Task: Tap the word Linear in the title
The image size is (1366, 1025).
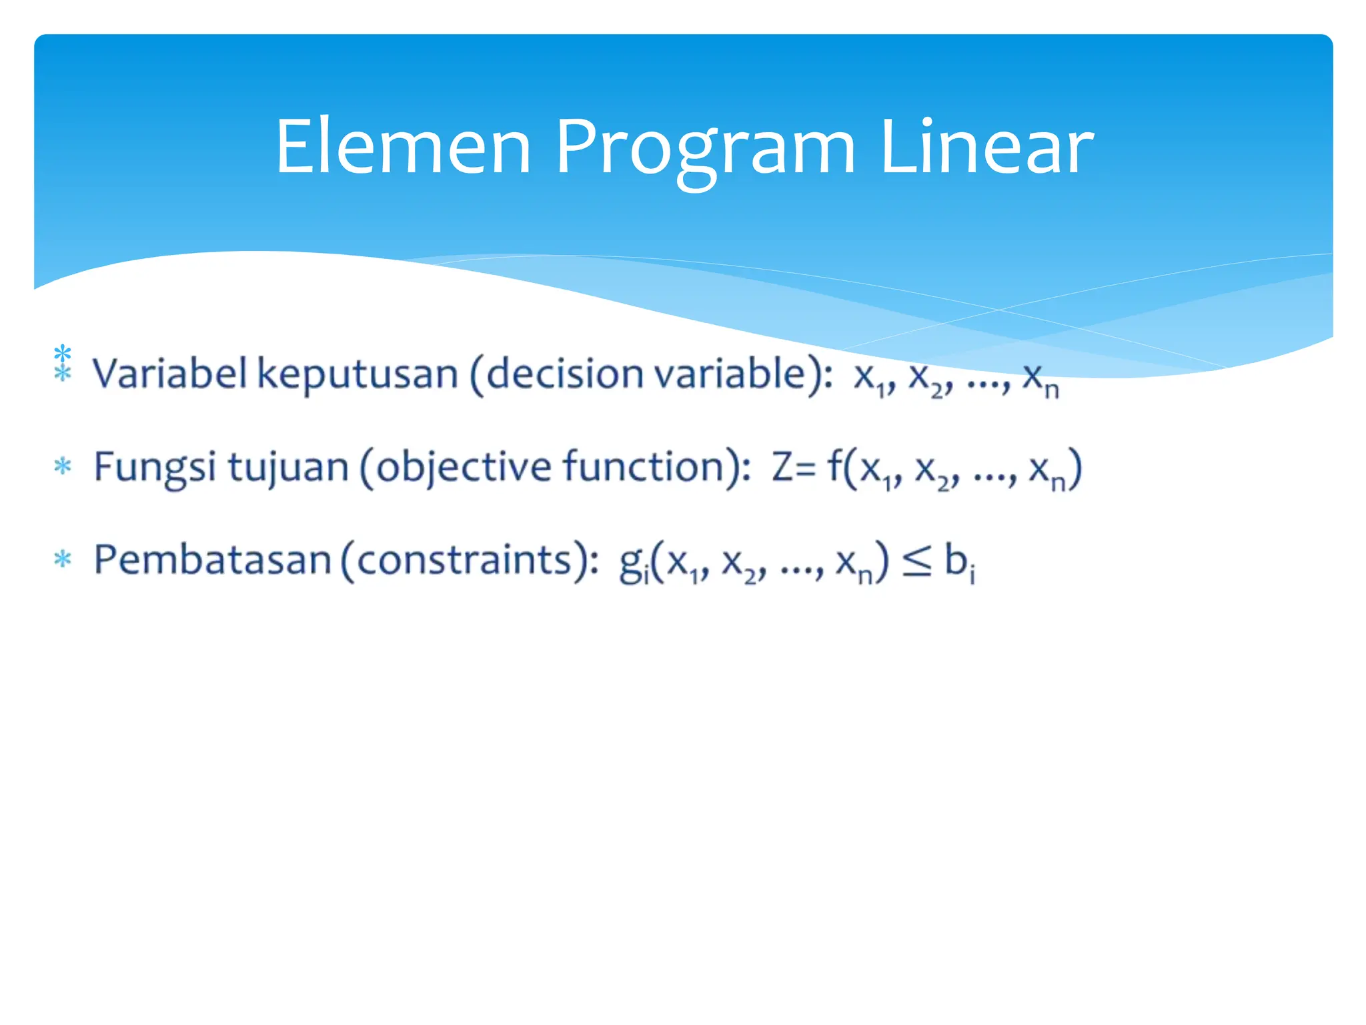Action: point(986,146)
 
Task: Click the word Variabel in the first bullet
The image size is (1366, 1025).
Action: point(169,373)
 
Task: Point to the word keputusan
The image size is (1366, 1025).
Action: point(358,374)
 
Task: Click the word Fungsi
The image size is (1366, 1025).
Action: point(154,468)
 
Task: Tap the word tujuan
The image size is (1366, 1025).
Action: point(288,468)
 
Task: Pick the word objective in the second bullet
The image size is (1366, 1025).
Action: point(463,468)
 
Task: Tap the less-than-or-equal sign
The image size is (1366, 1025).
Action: point(916,561)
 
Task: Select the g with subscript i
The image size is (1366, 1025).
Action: point(633,564)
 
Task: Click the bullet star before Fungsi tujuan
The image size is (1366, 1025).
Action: point(63,466)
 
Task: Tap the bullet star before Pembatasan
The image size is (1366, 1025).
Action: point(63,559)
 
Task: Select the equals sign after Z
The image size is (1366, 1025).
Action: point(805,469)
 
